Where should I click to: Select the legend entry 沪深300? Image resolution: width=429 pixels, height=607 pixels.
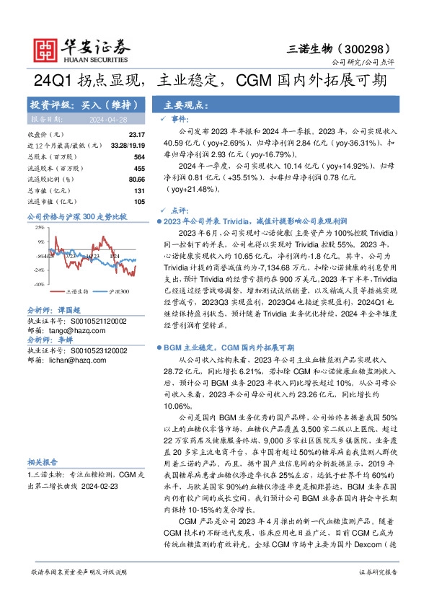(120, 292)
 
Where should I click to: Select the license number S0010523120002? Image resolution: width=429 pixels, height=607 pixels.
(94, 350)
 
